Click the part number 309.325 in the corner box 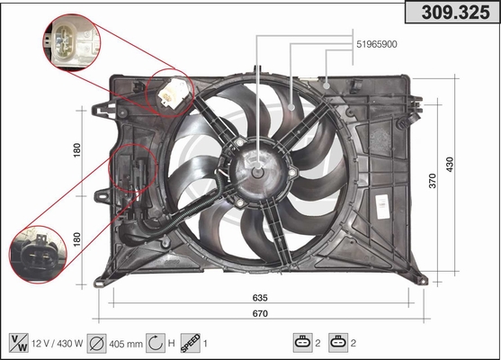pyautogui.click(x=455, y=12)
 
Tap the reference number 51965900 pyautogui.click(x=377, y=44)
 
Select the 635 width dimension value pyautogui.click(x=260, y=298)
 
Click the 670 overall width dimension pyautogui.click(x=260, y=313)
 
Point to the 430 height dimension pyautogui.click(x=450, y=165)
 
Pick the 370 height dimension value pyautogui.click(x=433, y=181)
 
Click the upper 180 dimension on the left pyautogui.click(x=76, y=150)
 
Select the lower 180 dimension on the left pyautogui.click(x=76, y=239)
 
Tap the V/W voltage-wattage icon pyautogui.click(x=19, y=343)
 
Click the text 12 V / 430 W pyautogui.click(x=58, y=344)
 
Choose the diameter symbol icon pyautogui.click(x=96, y=344)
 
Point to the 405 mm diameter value pyautogui.click(x=126, y=344)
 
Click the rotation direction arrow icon pyautogui.click(x=156, y=343)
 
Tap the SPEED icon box pyautogui.click(x=191, y=343)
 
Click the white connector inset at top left pyautogui.click(x=72, y=42)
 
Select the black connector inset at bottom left pyautogui.click(x=38, y=255)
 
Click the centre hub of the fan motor pyautogui.click(x=257, y=173)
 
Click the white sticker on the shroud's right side pyautogui.click(x=381, y=206)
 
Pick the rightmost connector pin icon pyautogui.click(x=338, y=343)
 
